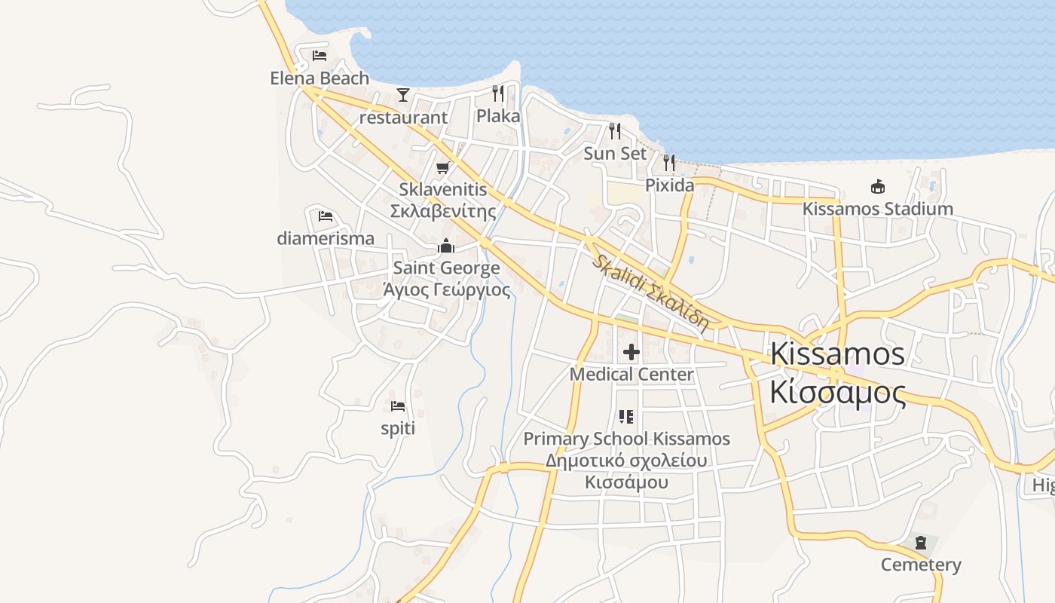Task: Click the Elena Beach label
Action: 320,78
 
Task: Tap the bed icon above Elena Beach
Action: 320,55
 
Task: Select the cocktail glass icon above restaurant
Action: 403,95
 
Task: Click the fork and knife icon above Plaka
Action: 498,93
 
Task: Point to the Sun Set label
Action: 615,153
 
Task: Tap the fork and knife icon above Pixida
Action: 669,162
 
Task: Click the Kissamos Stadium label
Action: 877,209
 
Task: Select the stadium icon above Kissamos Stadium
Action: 877,186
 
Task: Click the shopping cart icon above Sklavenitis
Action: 443,167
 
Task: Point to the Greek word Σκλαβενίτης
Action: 443,211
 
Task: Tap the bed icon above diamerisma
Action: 326,216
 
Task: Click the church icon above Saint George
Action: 446,246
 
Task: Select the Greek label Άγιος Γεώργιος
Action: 446,290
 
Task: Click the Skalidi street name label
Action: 650,293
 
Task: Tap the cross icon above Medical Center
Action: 631,352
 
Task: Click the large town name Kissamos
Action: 837,354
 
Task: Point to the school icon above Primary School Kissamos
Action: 626,416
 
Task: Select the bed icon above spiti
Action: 398,406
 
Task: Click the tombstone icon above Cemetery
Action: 920,543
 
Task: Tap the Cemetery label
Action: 921,565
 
